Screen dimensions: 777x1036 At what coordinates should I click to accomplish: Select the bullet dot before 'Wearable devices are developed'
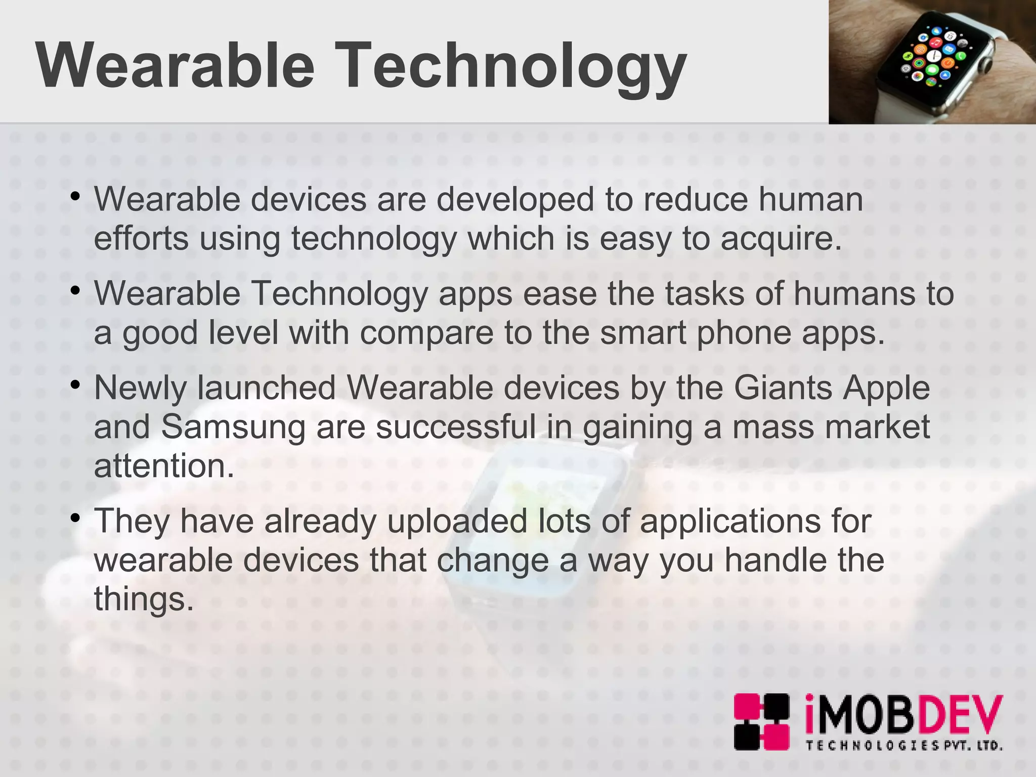76,196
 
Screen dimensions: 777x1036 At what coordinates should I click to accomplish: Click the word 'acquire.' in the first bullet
781,239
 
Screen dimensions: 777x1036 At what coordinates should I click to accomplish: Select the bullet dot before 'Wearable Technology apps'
76,291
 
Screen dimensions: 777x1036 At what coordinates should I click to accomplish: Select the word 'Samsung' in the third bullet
233,427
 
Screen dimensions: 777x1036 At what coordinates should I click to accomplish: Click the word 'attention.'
164,466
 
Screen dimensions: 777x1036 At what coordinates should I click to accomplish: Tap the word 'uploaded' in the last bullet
457,521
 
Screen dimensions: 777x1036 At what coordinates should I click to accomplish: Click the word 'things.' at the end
144,600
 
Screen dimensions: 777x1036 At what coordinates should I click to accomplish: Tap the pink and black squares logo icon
761,721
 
